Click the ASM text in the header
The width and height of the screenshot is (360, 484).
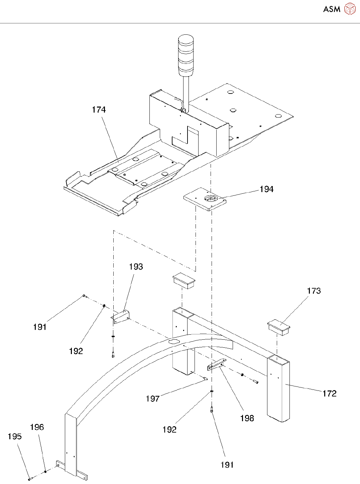tap(332, 9)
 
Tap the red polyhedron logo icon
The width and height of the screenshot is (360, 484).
tap(350, 9)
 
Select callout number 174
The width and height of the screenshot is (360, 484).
tap(99, 110)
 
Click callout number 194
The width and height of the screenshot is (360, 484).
tap(266, 189)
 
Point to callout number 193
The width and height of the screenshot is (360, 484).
tap(136, 267)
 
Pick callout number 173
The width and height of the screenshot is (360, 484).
tap(314, 291)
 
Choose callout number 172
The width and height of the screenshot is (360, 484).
tap(330, 393)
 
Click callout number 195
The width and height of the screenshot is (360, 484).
tap(15, 437)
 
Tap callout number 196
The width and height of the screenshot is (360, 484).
tap(37, 427)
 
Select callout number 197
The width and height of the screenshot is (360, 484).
tap(153, 399)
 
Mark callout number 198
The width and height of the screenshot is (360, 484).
tap(247, 418)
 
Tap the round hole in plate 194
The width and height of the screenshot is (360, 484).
tap(211, 199)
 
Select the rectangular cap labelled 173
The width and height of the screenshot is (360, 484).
tap(279, 327)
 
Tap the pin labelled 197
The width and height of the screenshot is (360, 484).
tap(205, 378)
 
